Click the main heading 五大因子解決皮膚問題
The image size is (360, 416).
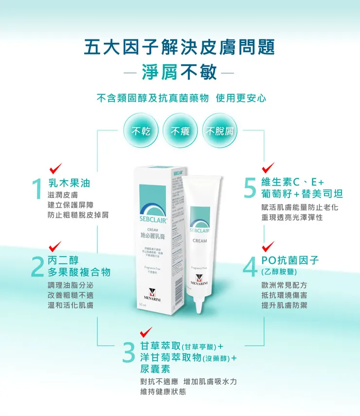180,47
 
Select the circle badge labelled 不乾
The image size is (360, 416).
142,131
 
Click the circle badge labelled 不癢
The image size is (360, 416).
180,131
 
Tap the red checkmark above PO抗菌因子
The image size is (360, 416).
268,245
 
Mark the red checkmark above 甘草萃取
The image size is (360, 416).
146,332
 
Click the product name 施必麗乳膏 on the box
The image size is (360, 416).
153,235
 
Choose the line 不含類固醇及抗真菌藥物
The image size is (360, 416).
153,98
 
